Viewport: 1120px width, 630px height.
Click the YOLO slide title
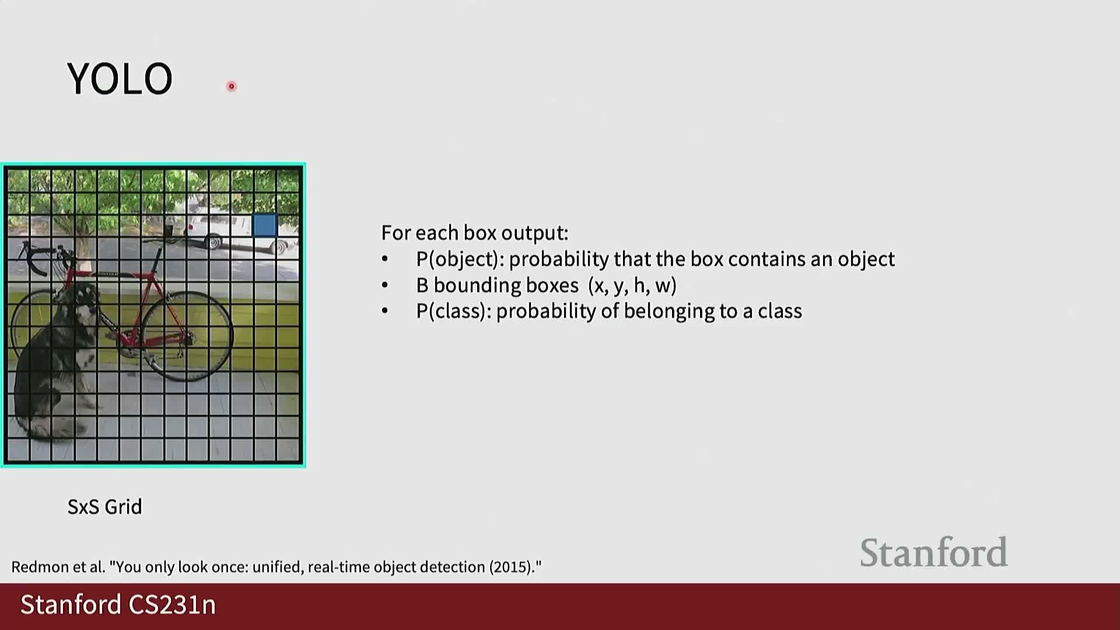point(120,79)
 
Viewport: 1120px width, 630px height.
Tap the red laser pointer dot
point(232,86)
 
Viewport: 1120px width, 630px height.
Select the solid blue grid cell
point(265,225)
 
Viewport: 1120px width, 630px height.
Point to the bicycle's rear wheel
point(187,335)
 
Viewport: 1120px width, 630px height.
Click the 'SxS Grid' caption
point(105,506)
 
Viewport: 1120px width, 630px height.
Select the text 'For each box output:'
point(475,233)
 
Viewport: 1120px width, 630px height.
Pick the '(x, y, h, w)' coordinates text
point(632,285)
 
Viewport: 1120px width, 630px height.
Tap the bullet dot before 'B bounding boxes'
point(385,285)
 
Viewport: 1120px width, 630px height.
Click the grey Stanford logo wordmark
point(933,552)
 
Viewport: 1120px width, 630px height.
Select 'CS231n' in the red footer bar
point(172,604)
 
